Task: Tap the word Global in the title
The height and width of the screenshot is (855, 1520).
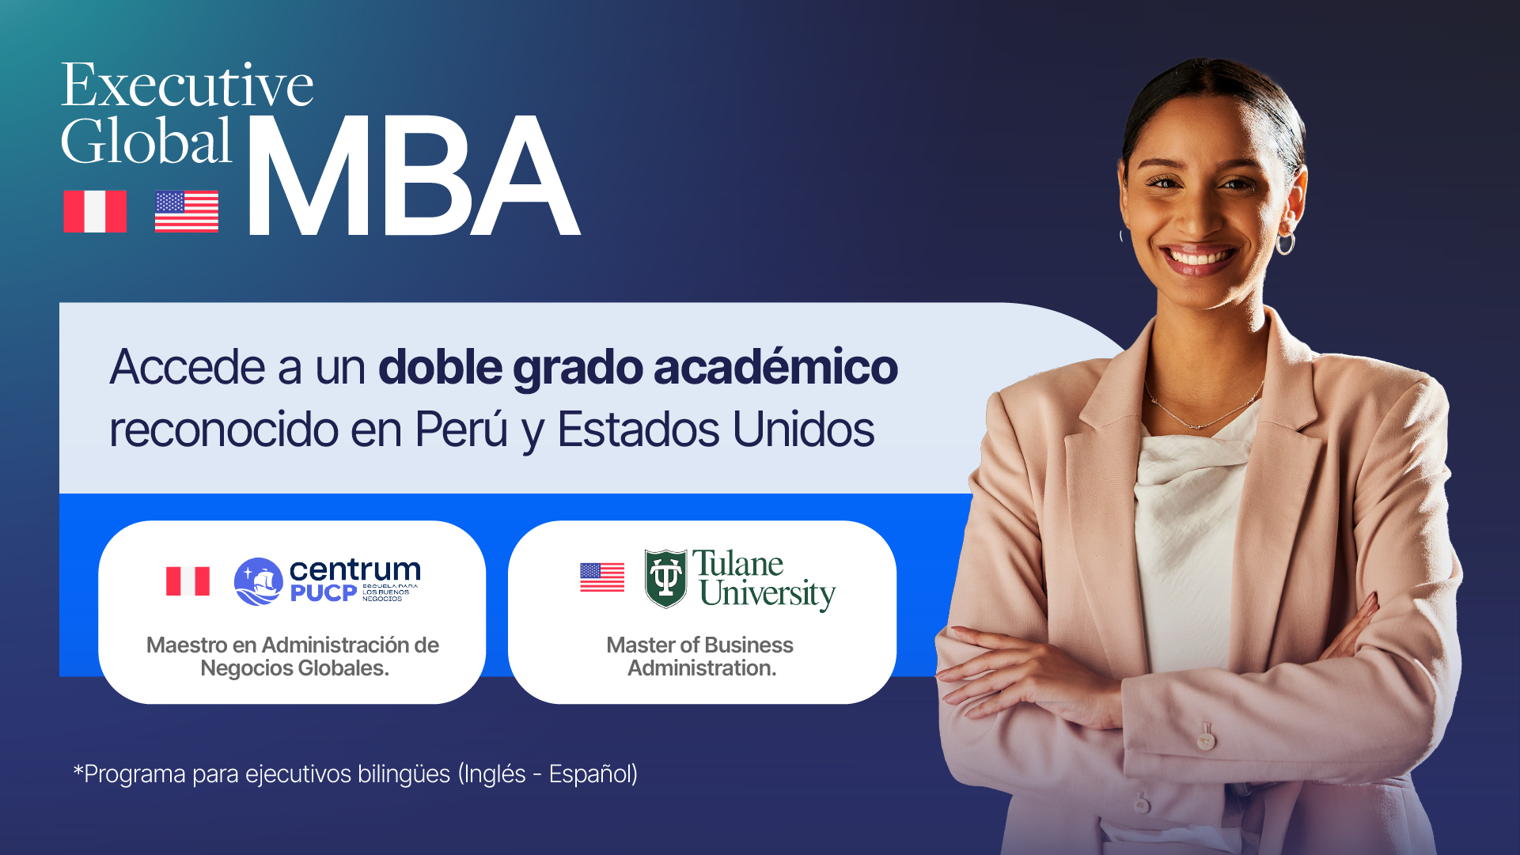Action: [x=146, y=141]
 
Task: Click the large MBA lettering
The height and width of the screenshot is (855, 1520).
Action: [x=414, y=176]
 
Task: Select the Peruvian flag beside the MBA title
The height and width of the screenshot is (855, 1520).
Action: [x=95, y=211]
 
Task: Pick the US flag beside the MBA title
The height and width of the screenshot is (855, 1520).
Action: [x=187, y=211]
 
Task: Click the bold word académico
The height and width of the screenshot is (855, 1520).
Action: [x=775, y=367]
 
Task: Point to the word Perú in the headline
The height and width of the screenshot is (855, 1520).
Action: [x=461, y=429]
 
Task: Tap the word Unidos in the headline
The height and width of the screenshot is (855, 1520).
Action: [x=803, y=429]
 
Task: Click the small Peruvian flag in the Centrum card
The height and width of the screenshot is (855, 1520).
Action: [x=188, y=581]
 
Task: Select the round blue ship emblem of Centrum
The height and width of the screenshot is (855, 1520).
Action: [x=259, y=581]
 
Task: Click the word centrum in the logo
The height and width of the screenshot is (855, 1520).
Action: [x=355, y=569]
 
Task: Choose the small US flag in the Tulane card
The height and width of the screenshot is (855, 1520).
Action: [x=602, y=577]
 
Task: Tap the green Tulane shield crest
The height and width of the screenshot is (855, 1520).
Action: [x=665, y=579]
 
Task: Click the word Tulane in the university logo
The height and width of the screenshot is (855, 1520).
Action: [x=738, y=564]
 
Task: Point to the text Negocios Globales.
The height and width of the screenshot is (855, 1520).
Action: [x=294, y=668]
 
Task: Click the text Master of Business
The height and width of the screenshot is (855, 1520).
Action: [x=699, y=645]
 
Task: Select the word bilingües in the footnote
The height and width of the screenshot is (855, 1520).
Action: [x=404, y=774]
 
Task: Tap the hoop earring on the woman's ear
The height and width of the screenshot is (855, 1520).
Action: [x=1285, y=241]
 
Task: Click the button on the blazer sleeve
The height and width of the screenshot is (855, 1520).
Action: [x=1205, y=741]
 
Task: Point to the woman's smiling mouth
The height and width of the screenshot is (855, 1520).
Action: [x=1200, y=258]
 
